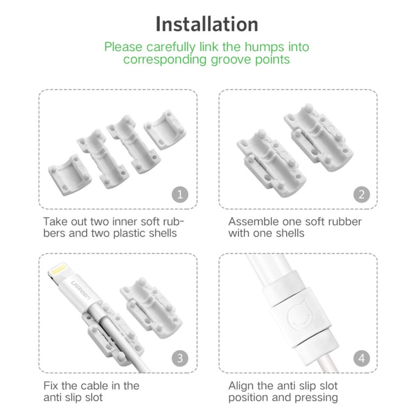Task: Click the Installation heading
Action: [206, 24]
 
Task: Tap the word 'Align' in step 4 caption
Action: [242, 385]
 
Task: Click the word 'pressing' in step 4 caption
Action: [317, 397]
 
